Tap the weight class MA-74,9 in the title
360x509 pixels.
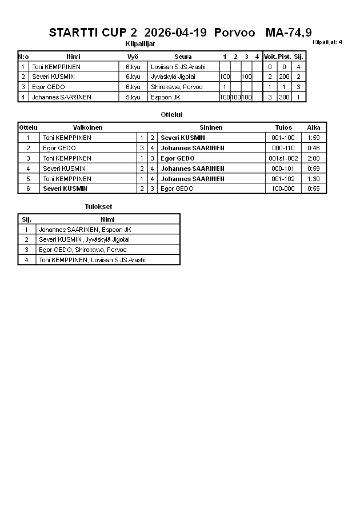pyautogui.click(x=289, y=32)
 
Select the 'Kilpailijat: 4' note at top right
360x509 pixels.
pyautogui.click(x=327, y=42)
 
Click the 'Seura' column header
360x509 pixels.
pyautogui.click(x=183, y=57)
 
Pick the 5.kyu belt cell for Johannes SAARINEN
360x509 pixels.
pyautogui.click(x=133, y=97)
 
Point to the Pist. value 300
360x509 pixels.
pyautogui.click(x=284, y=97)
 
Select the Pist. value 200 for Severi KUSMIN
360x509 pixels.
pyautogui.click(x=284, y=77)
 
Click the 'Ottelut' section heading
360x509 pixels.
pyautogui.click(x=171, y=115)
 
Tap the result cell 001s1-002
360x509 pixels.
pyautogui.click(x=283, y=158)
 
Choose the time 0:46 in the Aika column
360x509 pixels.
pyautogui.click(x=313, y=148)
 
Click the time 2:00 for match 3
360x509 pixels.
pyautogui.click(x=313, y=158)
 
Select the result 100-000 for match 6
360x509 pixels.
pyautogui.click(x=283, y=189)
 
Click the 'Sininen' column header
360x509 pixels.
pyautogui.click(x=211, y=127)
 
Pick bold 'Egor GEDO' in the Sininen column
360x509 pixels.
pyautogui.click(x=178, y=158)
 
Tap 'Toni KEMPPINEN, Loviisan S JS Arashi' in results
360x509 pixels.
pyautogui.click(x=92, y=260)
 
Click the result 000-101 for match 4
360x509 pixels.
pyautogui.click(x=283, y=169)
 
